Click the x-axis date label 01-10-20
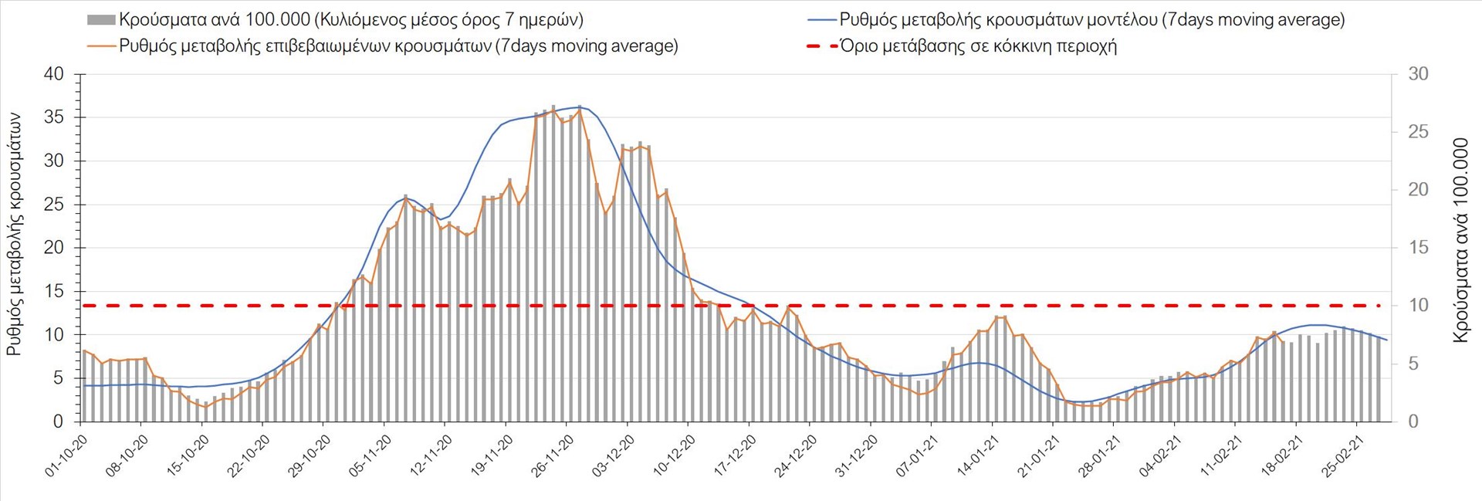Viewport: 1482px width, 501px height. coord(65,456)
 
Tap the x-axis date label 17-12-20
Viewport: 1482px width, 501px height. coord(734,456)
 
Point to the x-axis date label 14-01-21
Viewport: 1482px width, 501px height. coord(977,456)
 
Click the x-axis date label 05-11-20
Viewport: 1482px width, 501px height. coord(369,456)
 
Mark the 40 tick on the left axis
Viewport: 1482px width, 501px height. coord(54,74)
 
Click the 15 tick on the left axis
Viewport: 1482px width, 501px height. coord(54,291)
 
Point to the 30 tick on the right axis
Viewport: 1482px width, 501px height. coord(1418,74)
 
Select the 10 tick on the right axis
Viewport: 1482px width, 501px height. coord(1418,306)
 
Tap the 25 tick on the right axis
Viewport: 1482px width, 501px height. coord(1418,132)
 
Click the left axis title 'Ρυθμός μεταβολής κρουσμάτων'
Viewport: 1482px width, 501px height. coord(15,234)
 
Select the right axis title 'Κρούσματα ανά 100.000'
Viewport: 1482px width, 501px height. coord(1460,240)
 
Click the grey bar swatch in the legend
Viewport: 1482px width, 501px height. coord(101,20)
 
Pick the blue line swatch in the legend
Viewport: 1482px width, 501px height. coord(821,20)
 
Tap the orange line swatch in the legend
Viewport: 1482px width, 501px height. coord(101,46)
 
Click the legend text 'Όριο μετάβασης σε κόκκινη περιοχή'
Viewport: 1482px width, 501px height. coord(978,46)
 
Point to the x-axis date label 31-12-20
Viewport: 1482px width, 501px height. coord(856,456)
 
